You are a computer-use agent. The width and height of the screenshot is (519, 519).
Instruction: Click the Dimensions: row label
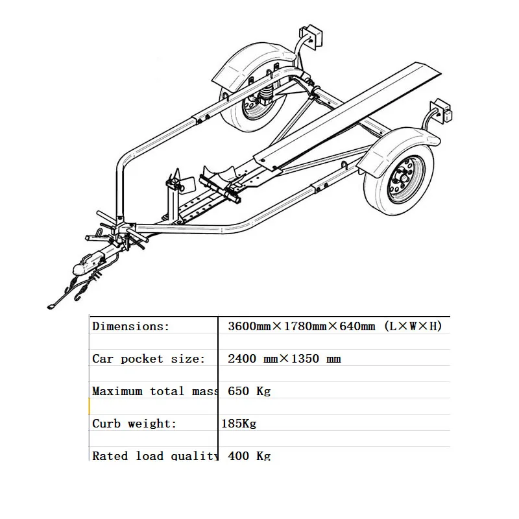130,326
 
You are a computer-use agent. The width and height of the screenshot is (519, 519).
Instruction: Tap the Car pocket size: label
149,359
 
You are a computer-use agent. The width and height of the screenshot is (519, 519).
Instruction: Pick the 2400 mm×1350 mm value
284,359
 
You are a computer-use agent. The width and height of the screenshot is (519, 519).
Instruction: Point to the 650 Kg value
249,391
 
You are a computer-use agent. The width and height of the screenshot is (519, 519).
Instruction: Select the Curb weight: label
134,424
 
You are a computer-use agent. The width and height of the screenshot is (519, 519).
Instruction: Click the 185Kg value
239,424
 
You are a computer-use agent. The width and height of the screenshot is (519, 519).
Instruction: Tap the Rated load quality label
154,455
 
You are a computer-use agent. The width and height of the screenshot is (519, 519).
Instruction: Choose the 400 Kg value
249,455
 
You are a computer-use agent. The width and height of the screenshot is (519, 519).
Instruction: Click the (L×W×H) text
413,326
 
